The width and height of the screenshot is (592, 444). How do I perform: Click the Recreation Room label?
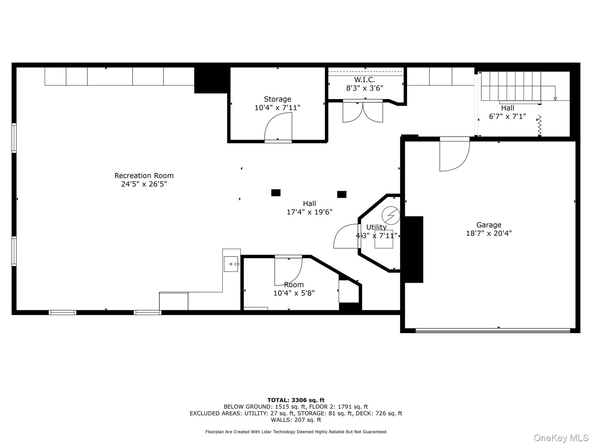click(144, 175)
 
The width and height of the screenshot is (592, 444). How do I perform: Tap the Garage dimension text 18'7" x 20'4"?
click(489, 233)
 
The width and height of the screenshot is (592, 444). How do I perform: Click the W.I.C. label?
click(364, 80)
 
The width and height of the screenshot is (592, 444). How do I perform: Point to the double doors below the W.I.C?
click(363, 112)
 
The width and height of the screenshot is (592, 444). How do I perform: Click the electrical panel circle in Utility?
click(391, 215)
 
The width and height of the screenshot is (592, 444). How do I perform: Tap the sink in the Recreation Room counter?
click(231, 264)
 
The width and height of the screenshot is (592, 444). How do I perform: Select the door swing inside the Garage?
click(454, 155)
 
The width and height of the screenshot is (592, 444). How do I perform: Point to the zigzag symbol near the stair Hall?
click(540, 125)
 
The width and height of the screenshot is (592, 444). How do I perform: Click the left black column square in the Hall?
click(276, 193)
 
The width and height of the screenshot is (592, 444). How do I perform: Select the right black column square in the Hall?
click(342, 194)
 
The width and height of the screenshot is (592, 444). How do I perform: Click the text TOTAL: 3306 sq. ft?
click(296, 401)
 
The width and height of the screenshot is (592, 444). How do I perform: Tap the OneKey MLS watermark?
click(561, 438)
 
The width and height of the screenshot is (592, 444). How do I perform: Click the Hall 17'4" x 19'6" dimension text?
click(309, 212)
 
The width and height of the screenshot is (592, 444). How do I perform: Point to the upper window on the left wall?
click(14, 138)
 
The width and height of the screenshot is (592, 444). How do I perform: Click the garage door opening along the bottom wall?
click(493, 331)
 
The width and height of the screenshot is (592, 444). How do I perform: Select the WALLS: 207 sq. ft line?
click(296, 420)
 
